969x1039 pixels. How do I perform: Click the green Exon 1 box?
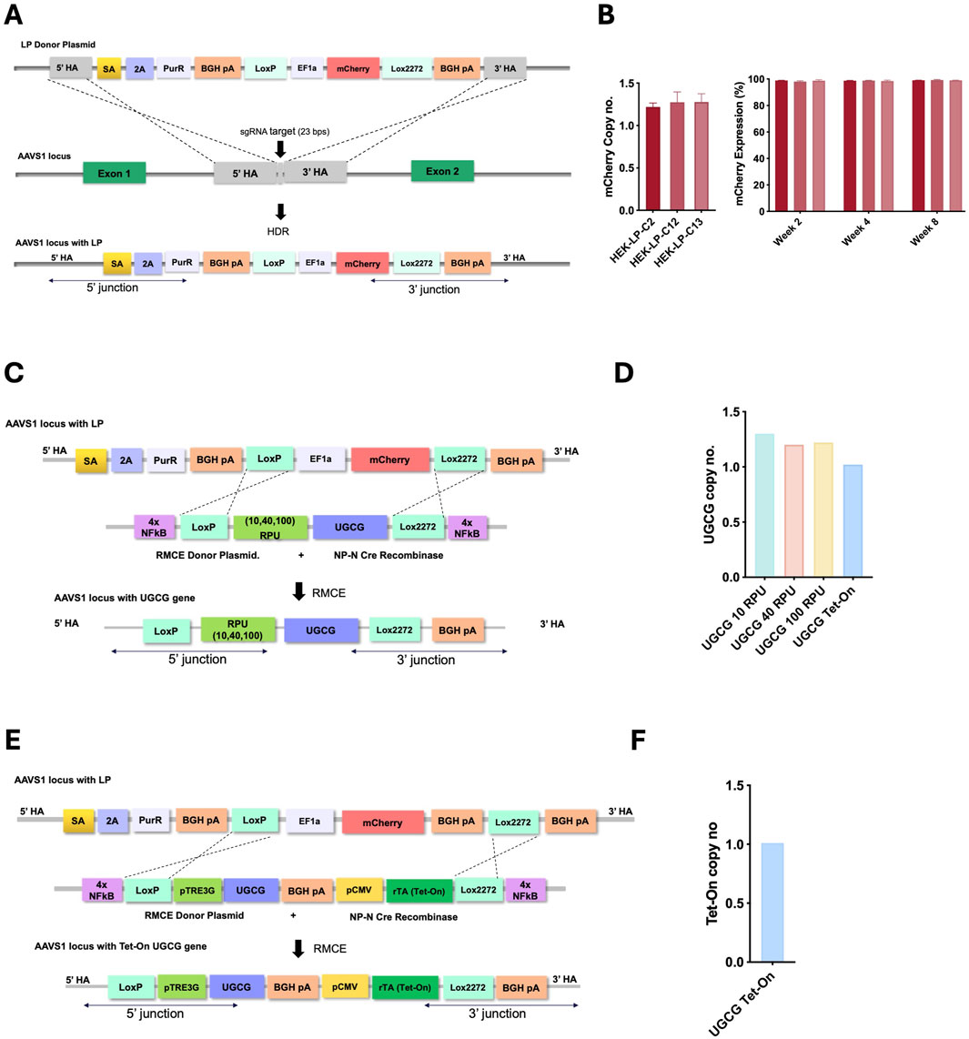114,172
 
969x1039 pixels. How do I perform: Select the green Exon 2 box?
441,171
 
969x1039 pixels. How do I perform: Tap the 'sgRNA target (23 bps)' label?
280,131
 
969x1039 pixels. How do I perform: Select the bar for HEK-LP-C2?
653,158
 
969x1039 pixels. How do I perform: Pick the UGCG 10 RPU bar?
764,505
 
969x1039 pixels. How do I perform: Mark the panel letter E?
13,741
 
